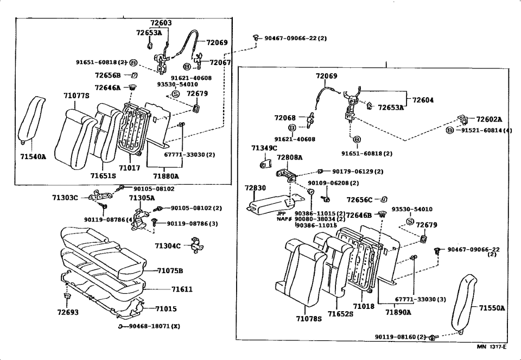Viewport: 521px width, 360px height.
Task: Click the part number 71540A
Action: [x=33, y=157]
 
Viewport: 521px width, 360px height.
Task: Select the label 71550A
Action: [x=492, y=308]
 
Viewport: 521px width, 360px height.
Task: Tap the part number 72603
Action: [x=161, y=23]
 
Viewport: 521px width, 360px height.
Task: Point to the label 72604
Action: [x=423, y=100]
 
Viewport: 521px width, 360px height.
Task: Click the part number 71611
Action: [x=182, y=290]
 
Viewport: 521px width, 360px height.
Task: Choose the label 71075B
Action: [x=170, y=270]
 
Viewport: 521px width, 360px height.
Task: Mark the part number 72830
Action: [x=255, y=188]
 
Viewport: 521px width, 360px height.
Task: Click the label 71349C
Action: [x=264, y=148]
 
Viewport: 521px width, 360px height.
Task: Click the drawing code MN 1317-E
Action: [x=492, y=346]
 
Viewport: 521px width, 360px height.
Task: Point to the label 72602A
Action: [x=489, y=119]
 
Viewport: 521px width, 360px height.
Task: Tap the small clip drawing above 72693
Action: [x=68, y=298]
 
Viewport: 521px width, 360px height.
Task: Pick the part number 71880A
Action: [x=166, y=176]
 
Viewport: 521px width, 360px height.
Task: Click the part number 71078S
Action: [x=309, y=319]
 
